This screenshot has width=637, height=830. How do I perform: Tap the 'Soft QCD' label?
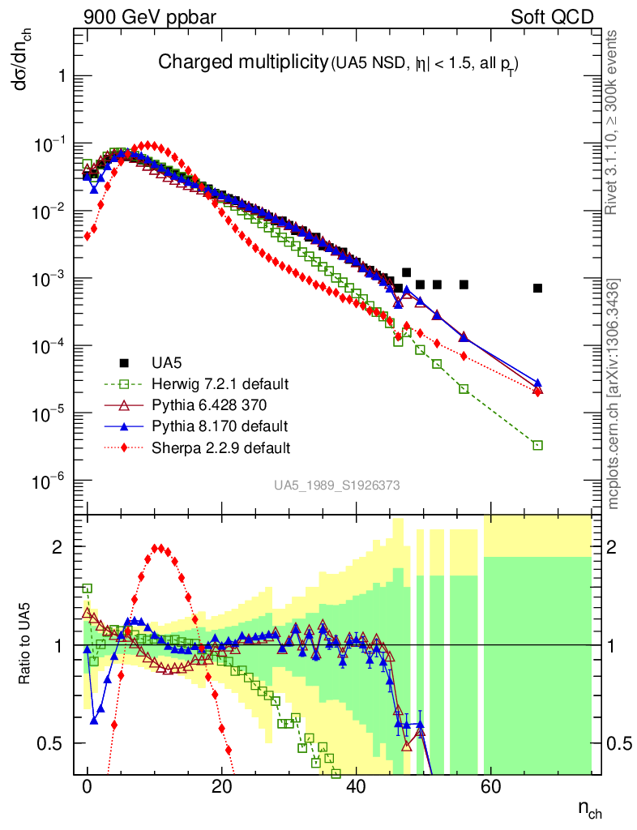[551, 16]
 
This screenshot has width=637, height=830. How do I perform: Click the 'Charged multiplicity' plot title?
[242, 62]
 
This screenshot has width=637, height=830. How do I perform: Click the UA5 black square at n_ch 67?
[537, 288]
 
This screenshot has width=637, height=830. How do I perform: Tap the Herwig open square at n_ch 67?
[537, 445]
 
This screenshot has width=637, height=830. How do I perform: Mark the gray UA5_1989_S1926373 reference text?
[336, 486]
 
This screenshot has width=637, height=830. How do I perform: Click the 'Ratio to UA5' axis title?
[27, 644]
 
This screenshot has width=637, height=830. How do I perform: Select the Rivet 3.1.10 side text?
[613, 122]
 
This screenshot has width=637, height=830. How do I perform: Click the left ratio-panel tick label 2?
[58, 547]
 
